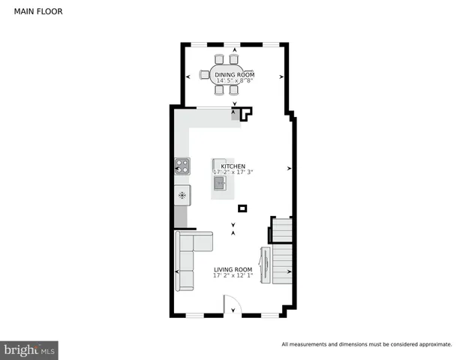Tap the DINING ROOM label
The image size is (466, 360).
234,75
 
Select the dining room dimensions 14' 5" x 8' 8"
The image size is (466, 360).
234,81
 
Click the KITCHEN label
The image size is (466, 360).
233,166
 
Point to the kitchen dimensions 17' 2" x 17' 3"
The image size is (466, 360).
233,172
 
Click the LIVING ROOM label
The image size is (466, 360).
233,269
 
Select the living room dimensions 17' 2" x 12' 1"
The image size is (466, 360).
233,275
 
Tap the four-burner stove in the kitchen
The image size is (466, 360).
182,166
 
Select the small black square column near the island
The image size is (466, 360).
242,208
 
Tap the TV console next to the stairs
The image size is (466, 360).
264,265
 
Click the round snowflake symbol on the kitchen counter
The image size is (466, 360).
182,195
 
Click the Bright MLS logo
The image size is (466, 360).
30,349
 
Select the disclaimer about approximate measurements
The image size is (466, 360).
366,345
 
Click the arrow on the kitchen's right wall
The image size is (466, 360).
288,169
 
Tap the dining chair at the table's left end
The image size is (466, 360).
203,74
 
